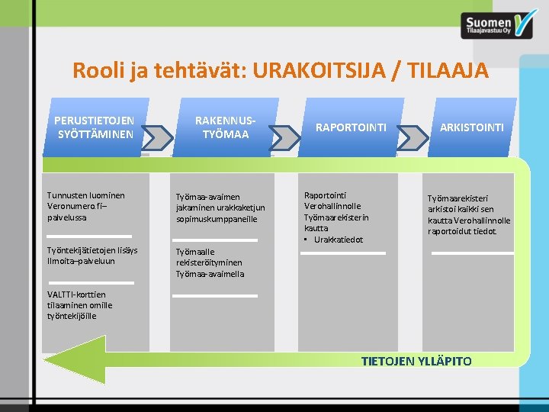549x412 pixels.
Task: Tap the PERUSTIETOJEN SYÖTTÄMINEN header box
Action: [x=95, y=127]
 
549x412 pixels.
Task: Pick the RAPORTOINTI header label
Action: [x=351, y=127]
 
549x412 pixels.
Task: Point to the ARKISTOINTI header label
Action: [x=471, y=127]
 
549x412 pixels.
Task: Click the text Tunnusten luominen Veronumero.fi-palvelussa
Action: [x=86, y=206]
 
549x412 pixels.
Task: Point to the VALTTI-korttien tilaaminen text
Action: [x=80, y=304]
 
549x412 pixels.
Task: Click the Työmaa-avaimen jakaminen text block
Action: [x=220, y=208]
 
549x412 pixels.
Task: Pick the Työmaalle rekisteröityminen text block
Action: [x=210, y=262]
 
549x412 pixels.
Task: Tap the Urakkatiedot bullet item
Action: [x=335, y=240]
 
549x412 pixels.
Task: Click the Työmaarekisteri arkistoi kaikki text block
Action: [x=469, y=214]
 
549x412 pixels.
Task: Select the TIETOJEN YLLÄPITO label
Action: [x=416, y=361]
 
